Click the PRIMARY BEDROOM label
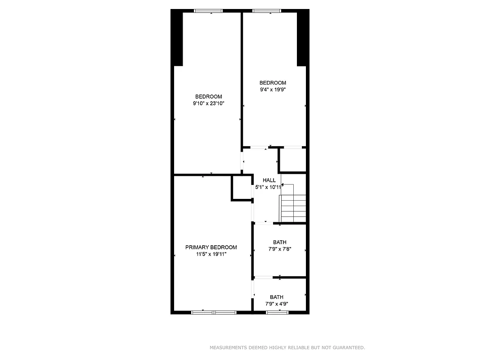tap(211, 247)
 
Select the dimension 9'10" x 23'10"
tap(208, 103)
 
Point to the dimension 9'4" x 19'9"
tap(273, 90)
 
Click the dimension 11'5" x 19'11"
tap(211, 254)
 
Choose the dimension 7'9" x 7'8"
tap(279, 249)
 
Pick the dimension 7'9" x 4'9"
tap(277, 304)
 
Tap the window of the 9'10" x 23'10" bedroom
tap(208, 11)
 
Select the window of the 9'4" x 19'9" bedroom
tap(267, 11)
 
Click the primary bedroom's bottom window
tap(214, 312)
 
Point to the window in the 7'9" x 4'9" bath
tap(277, 312)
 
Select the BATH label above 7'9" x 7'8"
tap(279, 242)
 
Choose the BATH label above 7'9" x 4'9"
tap(277, 297)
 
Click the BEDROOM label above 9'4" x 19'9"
tap(273, 83)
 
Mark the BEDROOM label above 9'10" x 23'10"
tap(208, 97)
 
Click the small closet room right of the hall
tap(292, 159)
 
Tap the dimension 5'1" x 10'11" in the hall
tap(269, 187)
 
